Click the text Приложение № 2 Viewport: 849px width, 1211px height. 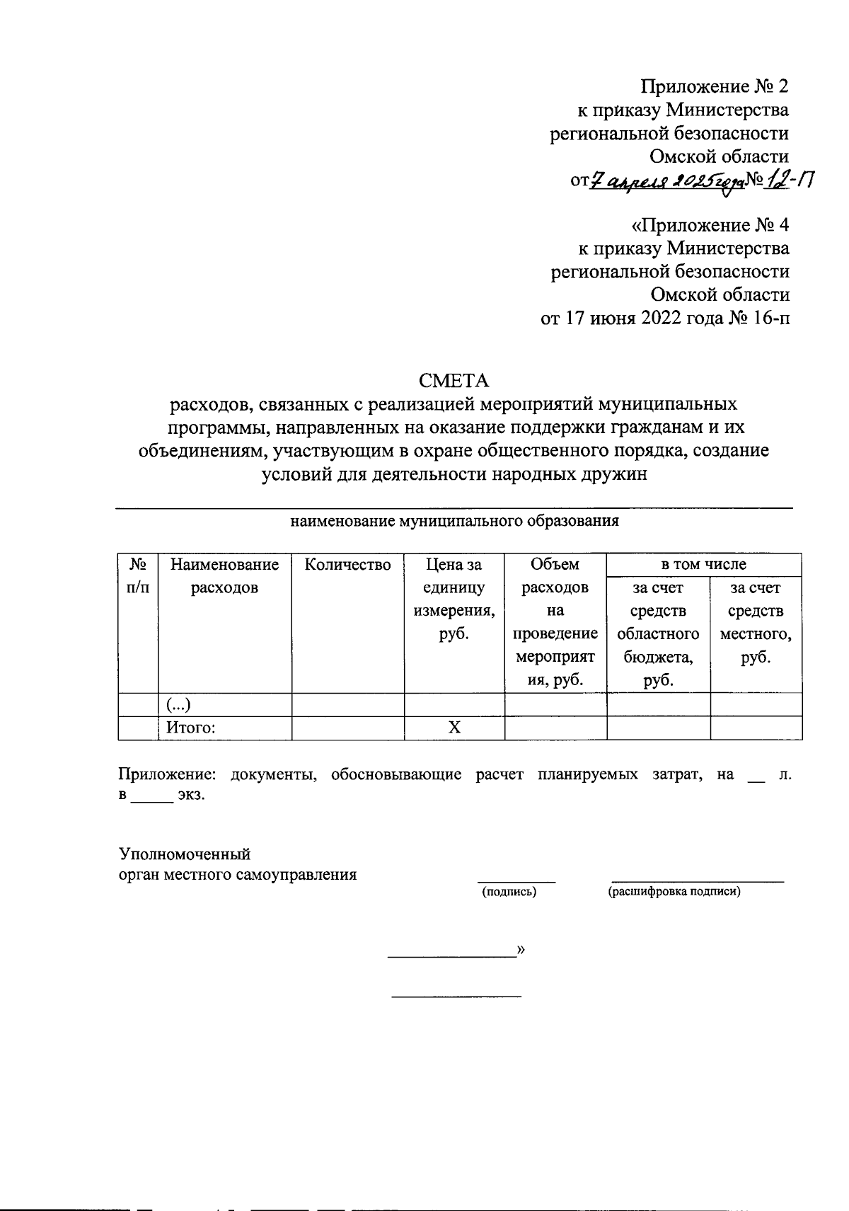tap(714, 86)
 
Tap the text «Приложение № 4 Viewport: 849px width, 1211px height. tap(710, 225)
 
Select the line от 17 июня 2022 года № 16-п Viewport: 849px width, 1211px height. tap(664, 318)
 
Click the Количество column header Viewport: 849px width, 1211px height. tap(347, 565)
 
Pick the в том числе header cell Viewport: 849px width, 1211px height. tap(703, 564)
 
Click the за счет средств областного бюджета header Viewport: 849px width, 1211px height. tap(658, 633)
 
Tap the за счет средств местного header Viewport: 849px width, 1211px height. tap(756, 622)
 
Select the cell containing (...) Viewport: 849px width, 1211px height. tap(179, 704)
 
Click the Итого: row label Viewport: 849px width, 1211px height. tap(190, 728)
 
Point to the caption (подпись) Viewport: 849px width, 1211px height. tap(509, 892)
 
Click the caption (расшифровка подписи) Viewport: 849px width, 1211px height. tap(674, 892)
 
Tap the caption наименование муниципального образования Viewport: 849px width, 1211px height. tap(454, 522)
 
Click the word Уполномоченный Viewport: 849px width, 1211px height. tap(185, 854)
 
